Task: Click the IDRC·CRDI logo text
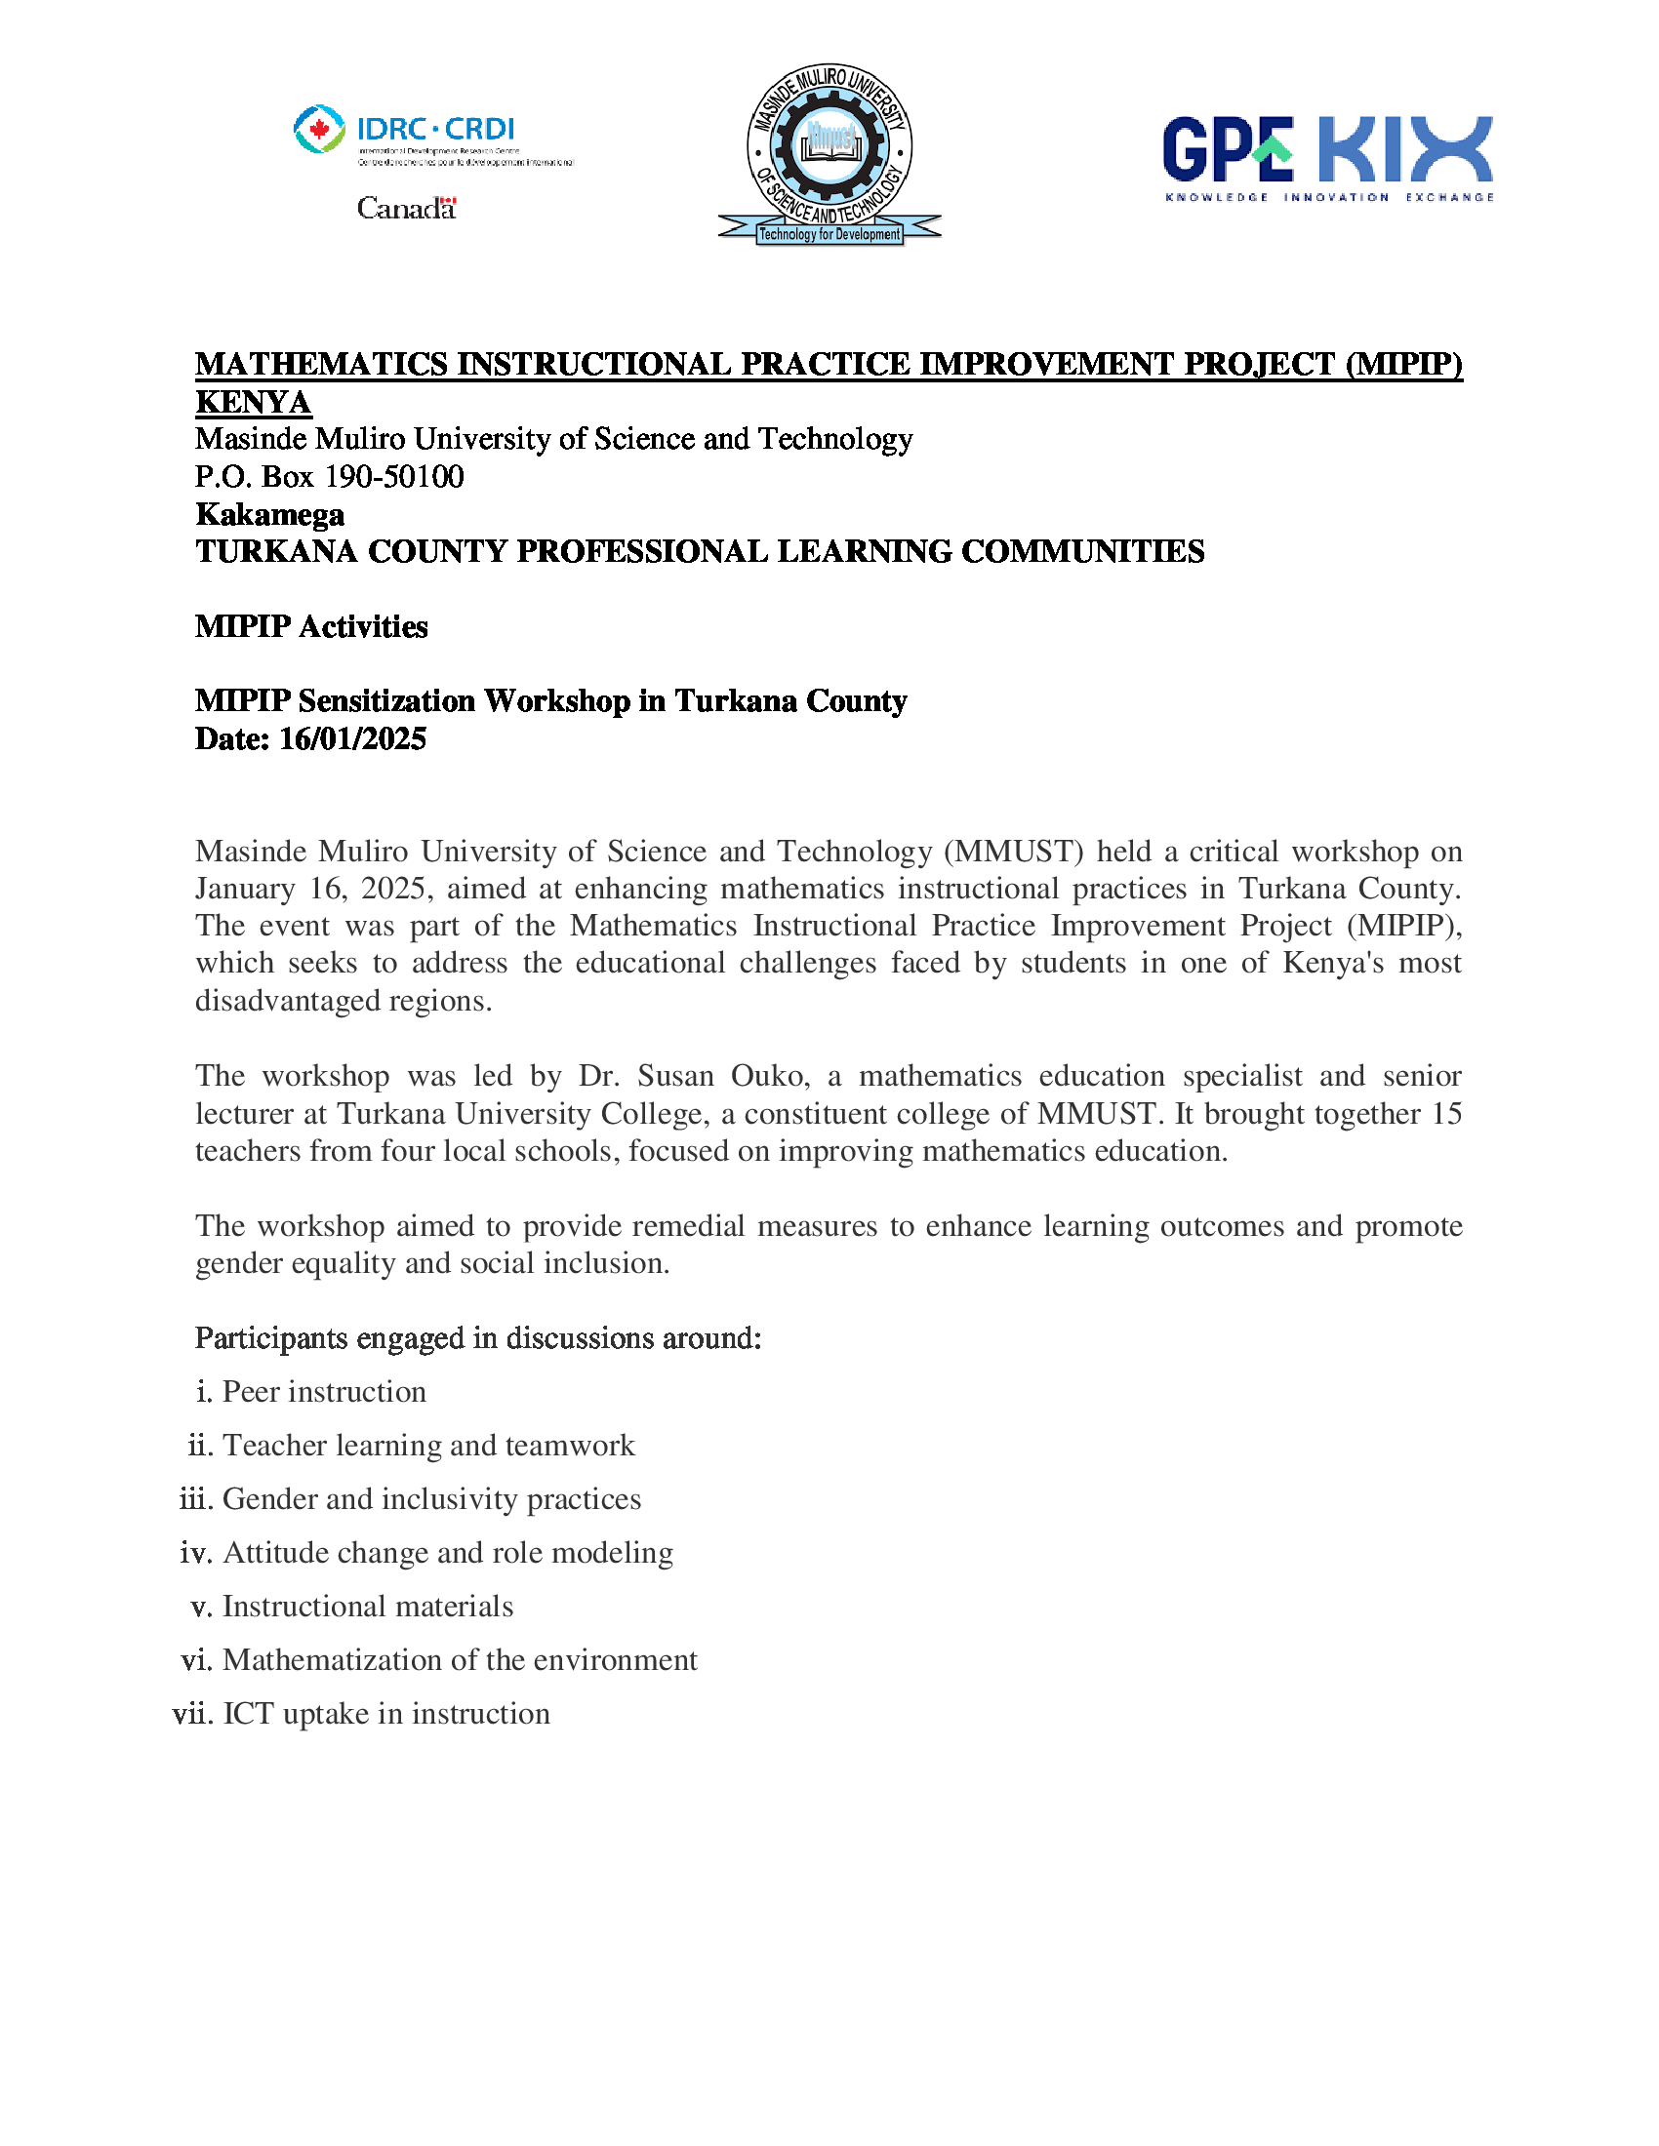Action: click(x=434, y=129)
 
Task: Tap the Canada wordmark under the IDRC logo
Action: click(x=406, y=209)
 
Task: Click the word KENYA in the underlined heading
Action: click(x=254, y=402)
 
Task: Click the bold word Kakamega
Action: click(x=270, y=514)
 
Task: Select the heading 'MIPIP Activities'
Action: click(x=311, y=626)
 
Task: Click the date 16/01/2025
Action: click(x=352, y=739)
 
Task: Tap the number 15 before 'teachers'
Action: click(x=1446, y=1113)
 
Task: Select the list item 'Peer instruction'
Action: click(x=324, y=1391)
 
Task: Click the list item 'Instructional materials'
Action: click(x=368, y=1606)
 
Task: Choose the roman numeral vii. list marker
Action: click(x=192, y=1713)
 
